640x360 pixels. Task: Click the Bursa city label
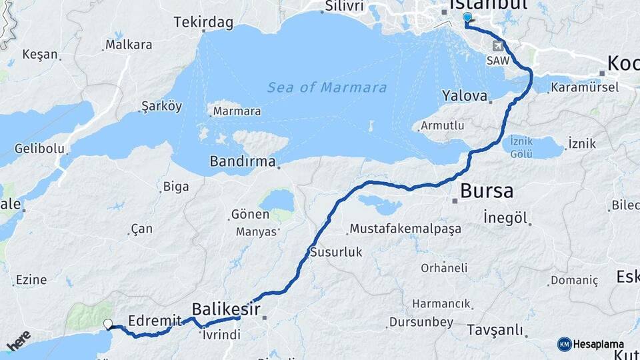tap(487, 191)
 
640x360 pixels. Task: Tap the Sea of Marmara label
tap(327, 87)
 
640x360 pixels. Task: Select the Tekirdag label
tap(203, 23)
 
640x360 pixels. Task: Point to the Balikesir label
tap(225, 309)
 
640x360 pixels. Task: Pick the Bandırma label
tap(243, 161)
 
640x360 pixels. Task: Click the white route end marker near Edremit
tap(108, 325)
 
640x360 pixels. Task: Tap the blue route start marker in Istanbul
tap(466, 18)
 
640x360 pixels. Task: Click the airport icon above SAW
tap(497, 46)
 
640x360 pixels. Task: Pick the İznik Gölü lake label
tap(521, 148)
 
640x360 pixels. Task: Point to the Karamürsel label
tap(585, 87)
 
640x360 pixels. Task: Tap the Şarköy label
tap(162, 107)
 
